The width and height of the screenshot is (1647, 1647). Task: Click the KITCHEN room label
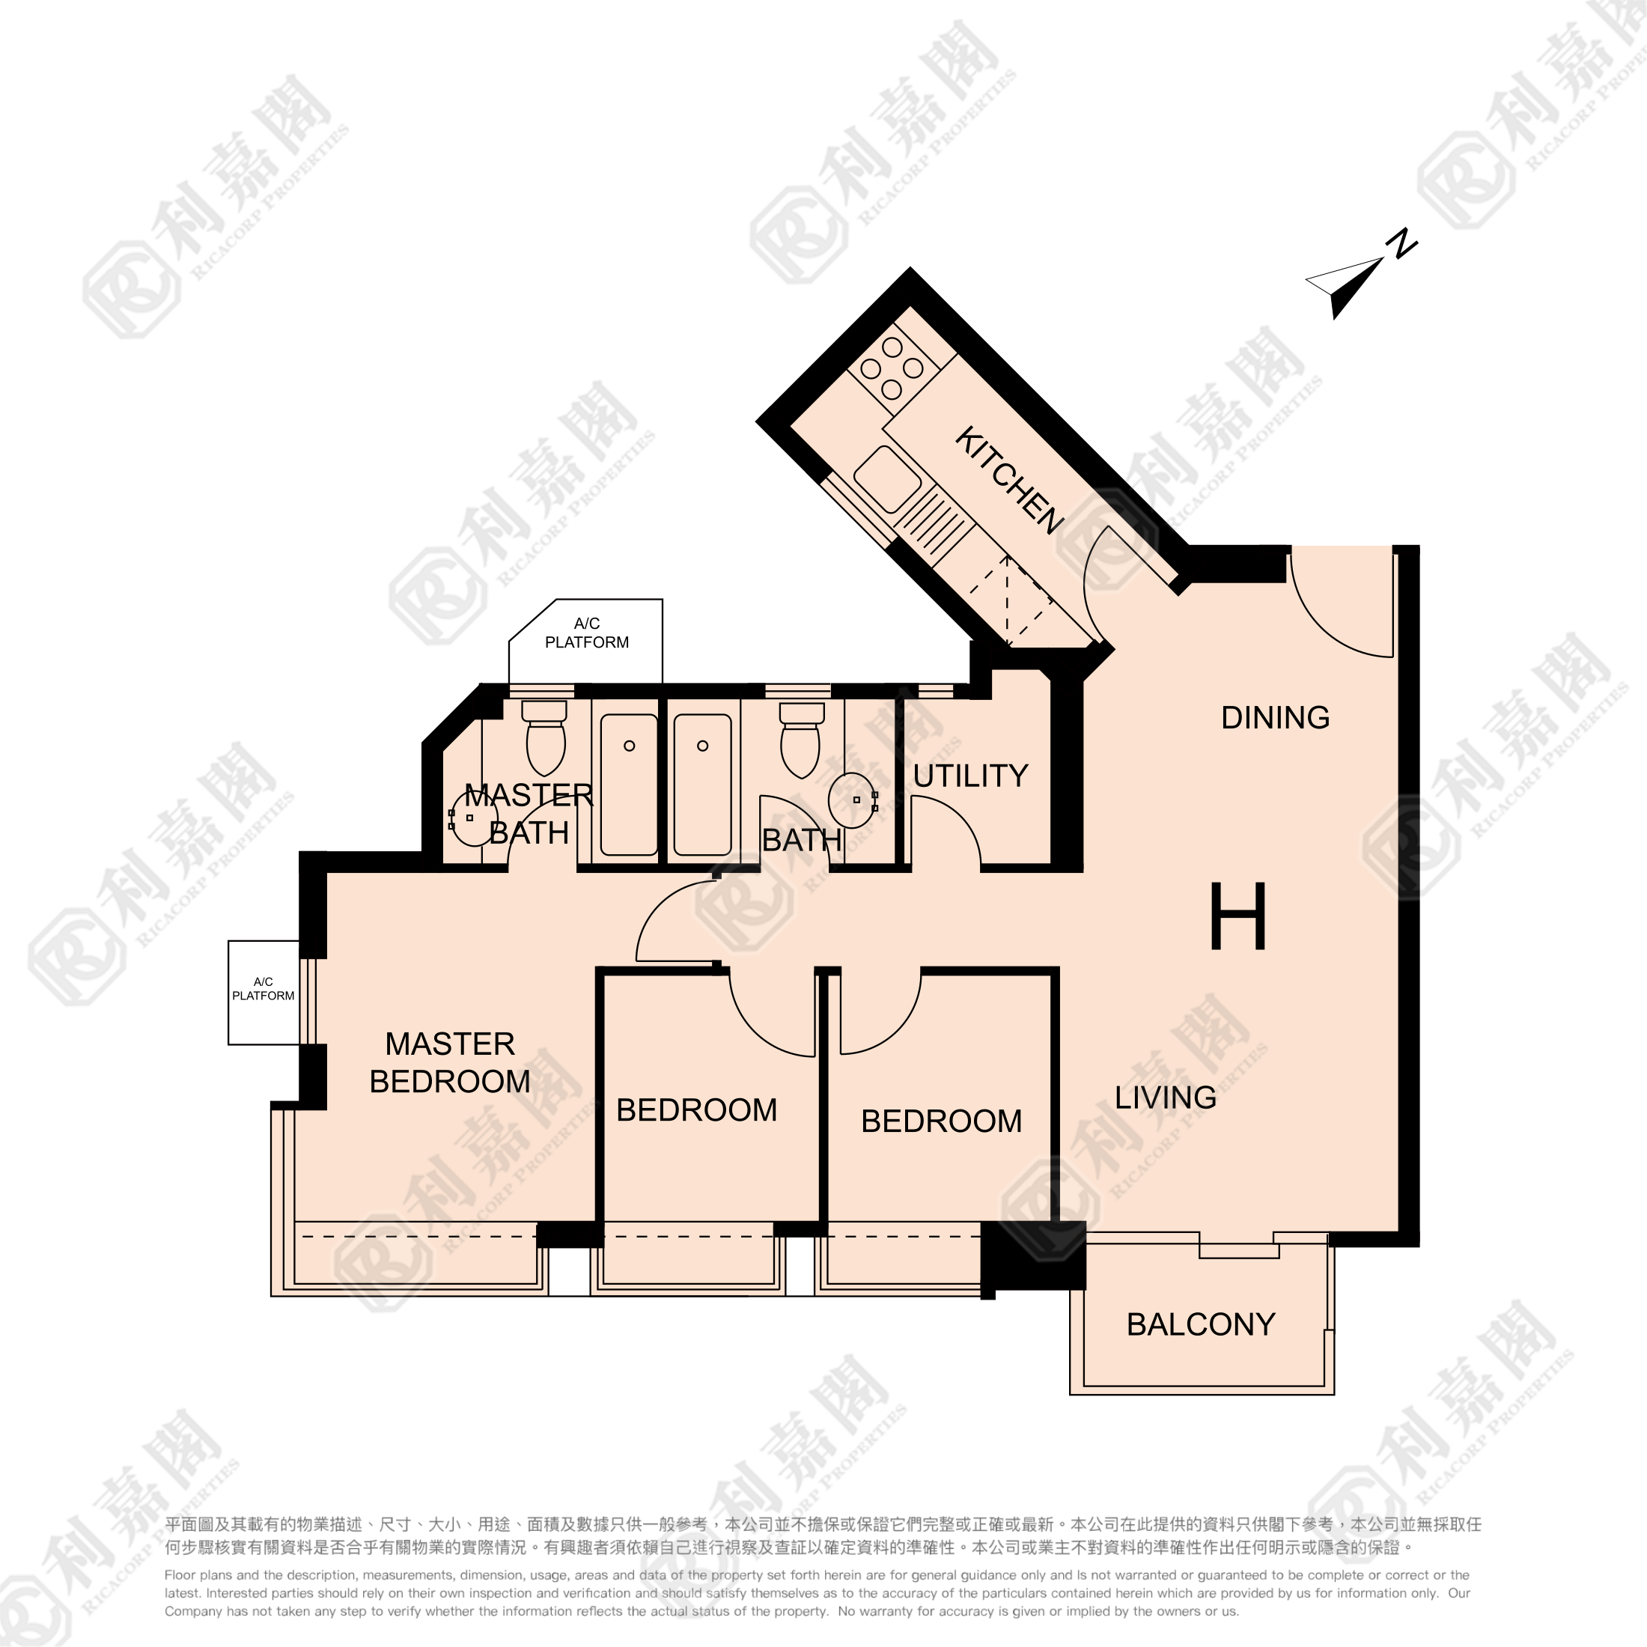1008,480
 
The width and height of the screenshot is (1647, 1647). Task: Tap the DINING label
1276,718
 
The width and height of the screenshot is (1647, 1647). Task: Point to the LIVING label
1166,1098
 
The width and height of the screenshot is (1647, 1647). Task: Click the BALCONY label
1201,1324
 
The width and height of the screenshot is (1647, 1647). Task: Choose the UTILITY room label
971,776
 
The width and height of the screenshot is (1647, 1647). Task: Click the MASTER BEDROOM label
450,1062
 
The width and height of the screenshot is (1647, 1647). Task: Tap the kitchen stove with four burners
892,368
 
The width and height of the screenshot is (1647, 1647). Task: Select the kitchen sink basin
887,478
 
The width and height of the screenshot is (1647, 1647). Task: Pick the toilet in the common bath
801,738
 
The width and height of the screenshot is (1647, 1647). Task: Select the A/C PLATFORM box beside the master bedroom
264,992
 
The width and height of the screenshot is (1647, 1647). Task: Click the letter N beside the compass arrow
1401,244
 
